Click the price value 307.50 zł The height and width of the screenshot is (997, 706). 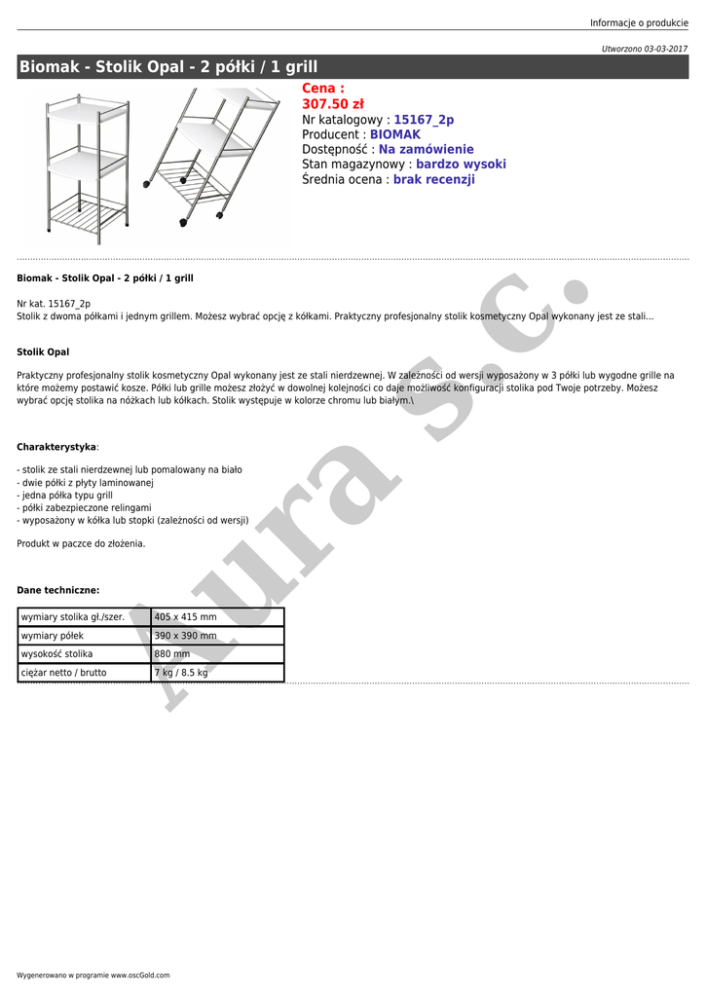pyautogui.click(x=333, y=104)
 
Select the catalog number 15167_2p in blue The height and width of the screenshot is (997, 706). pyautogui.click(x=424, y=120)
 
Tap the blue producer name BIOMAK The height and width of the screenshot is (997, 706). pyautogui.click(x=395, y=134)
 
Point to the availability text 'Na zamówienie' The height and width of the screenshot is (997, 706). pyautogui.click(x=426, y=150)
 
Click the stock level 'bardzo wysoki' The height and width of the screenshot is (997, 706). pyautogui.click(x=461, y=165)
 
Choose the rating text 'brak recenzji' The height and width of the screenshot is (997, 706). pyautogui.click(x=433, y=180)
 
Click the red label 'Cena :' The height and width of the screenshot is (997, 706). pyautogui.click(x=323, y=89)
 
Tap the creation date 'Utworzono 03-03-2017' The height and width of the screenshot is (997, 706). pyautogui.click(x=645, y=48)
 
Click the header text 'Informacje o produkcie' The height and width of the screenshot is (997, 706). pyautogui.click(x=639, y=23)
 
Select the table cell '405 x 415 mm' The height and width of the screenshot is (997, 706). pyautogui.click(x=186, y=617)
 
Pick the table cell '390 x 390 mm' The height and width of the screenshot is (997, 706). pyautogui.click(x=186, y=636)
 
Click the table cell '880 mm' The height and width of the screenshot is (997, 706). pyautogui.click(x=172, y=654)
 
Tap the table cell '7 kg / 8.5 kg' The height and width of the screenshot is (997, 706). pyautogui.click(x=181, y=673)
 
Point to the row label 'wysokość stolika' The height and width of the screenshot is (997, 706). pyautogui.click(x=56, y=654)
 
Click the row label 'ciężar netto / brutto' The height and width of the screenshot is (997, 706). pyautogui.click(x=64, y=673)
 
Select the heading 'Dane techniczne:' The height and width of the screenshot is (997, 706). pyautogui.click(x=58, y=590)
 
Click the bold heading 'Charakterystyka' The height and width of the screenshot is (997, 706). pyautogui.click(x=56, y=447)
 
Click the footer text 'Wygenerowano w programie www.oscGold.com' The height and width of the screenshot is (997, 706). pyautogui.click(x=93, y=975)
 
